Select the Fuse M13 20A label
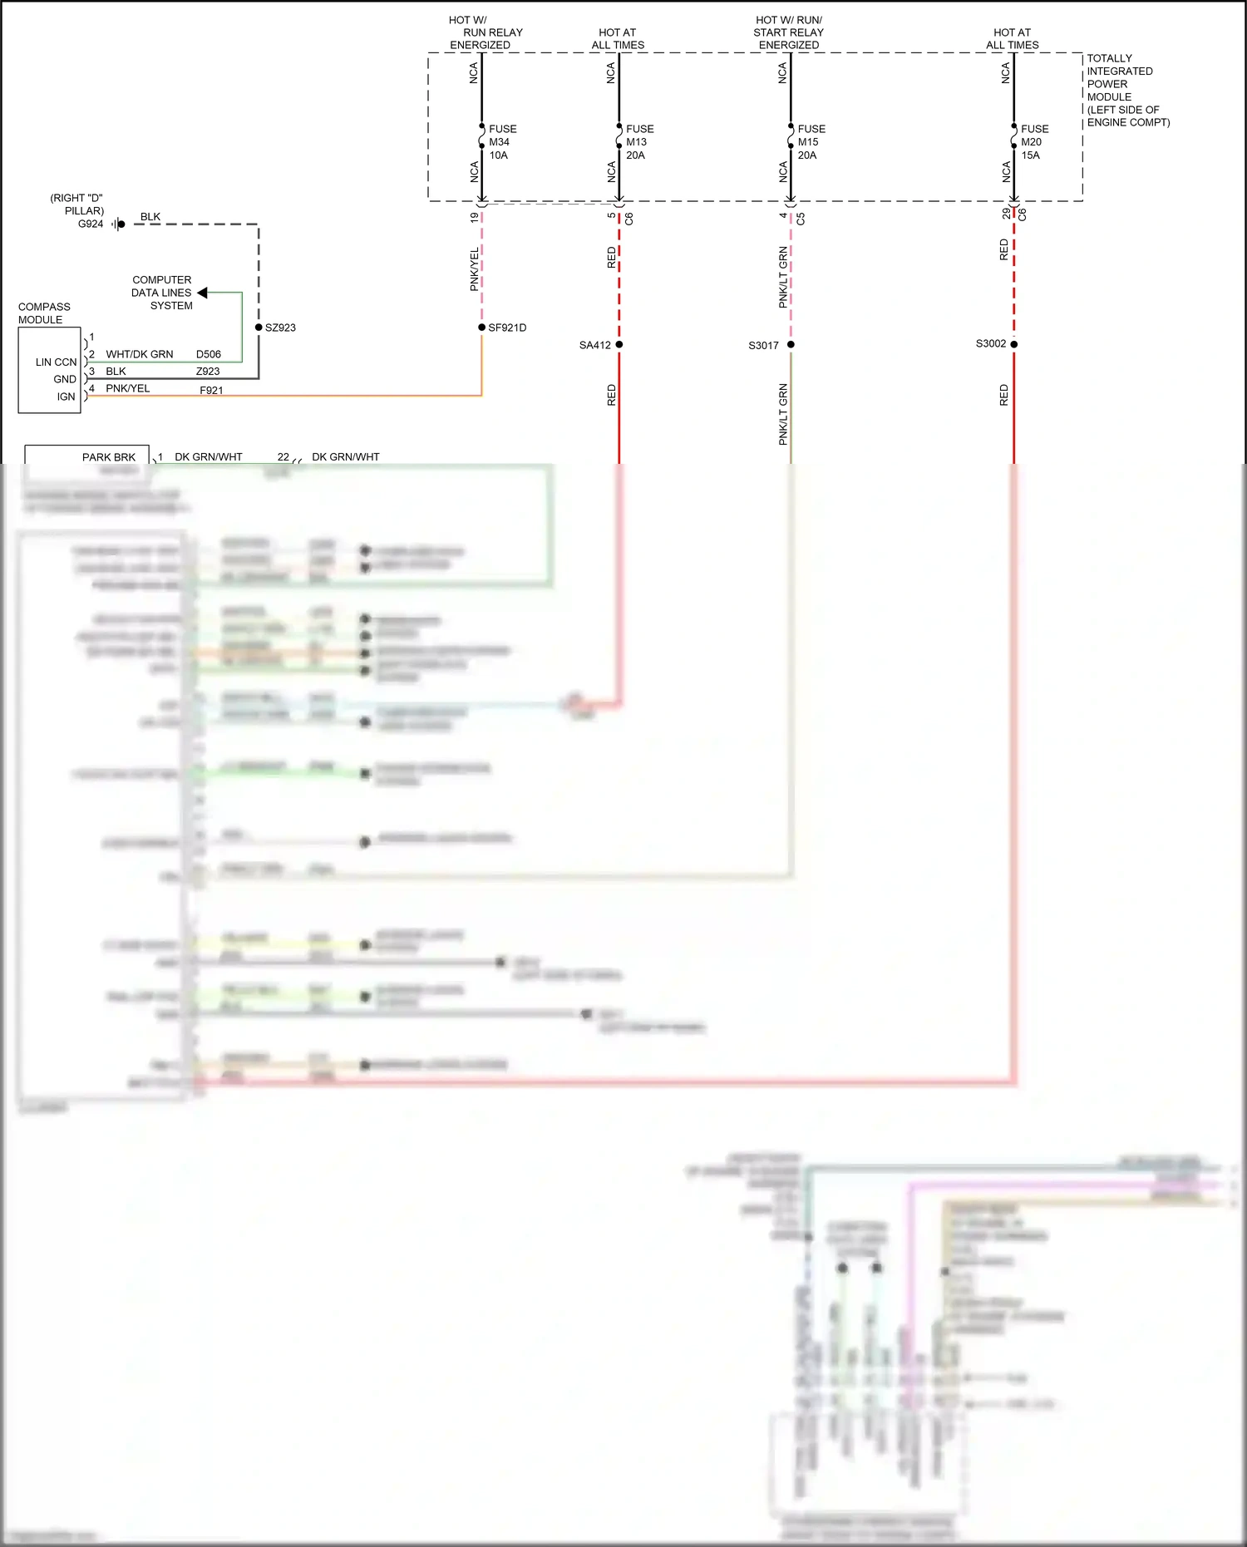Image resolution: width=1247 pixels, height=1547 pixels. pyautogui.click(x=639, y=142)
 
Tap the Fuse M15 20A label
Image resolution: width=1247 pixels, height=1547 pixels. pyautogui.click(x=811, y=142)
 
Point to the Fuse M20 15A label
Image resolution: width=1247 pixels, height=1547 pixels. pyautogui.click(x=1034, y=142)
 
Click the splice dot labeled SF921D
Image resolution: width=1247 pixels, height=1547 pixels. pyautogui.click(x=482, y=328)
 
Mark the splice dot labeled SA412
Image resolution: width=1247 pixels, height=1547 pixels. pyautogui.click(x=619, y=344)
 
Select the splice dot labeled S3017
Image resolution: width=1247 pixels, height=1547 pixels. pyautogui.click(x=791, y=344)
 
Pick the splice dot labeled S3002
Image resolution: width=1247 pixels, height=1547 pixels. pyautogui.click(x=1014, y=344)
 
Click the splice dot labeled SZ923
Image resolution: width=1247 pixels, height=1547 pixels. pyautogui.click(x=259, y=328)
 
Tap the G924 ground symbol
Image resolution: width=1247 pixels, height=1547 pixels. pyautogui.click(x=119, y=224)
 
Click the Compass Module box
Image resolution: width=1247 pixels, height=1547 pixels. pyautogui.click(x=49, y=370)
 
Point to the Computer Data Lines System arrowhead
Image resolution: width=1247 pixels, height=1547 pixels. pyautogui.click(x=202, y=293)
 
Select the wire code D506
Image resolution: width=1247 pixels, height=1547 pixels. pyautogui.click(x=209, y=354)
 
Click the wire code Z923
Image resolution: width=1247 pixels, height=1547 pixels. pyautogui.click(x=208, y=372)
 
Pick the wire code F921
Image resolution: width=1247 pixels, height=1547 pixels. pyautogui.click(x=211, y=390)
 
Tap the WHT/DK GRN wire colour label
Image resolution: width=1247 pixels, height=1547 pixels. pyautogui.click(x=140, y=354)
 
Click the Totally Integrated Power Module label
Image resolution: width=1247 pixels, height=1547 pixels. pyautogui.click(x=1127, y=91)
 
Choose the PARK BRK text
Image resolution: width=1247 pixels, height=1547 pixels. pyautogui.click(x=108, y=457)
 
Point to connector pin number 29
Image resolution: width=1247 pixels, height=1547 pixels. pyautogui.click(x=1006, y=214)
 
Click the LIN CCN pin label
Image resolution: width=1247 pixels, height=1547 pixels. pyautogui.click(x=56, y=362)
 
